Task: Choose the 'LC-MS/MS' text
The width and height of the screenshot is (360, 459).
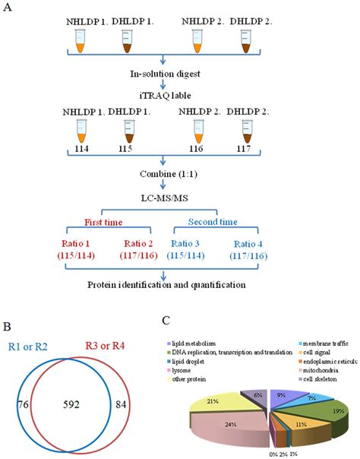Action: pos(163,195)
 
